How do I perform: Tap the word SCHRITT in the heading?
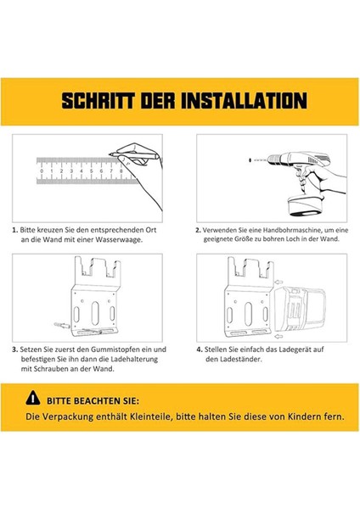click(x=89, y=100)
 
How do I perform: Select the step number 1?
click(x=14, y=230)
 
